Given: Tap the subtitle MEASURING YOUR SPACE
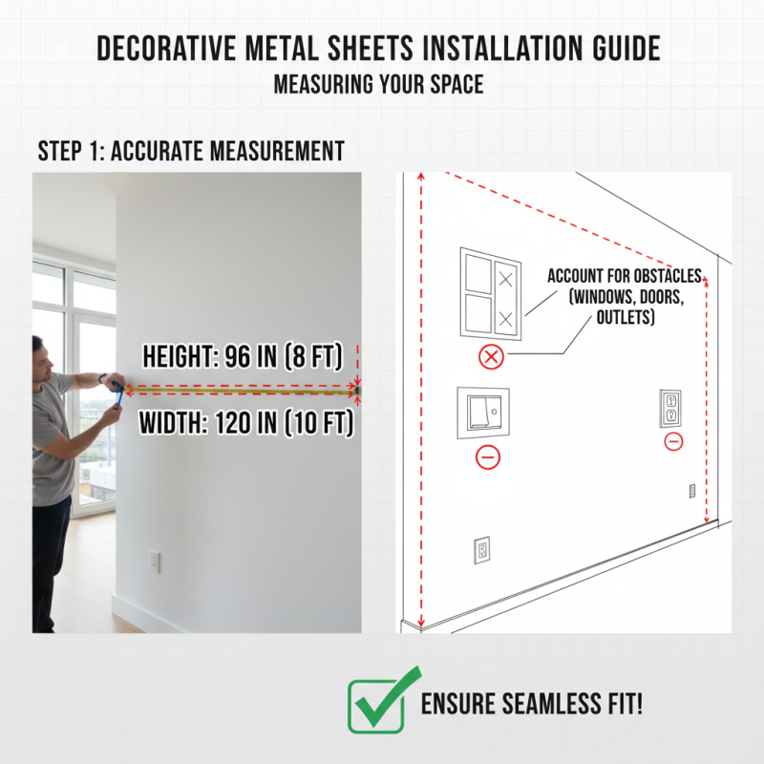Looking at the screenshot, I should pyautogui.click(x=378, y=84).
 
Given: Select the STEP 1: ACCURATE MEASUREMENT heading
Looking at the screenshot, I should pyautogui.click(x=191, y=151).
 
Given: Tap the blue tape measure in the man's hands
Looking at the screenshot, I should pyautogui.click(x=116, y=389).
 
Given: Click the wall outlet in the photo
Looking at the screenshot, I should pyautogui.click(x=154, y=561).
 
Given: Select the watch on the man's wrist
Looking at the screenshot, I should pyautogui.click(x=100, y=379).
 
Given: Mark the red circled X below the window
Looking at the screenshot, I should pyautogui.click(x=490, y=358).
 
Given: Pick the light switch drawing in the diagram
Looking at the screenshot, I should pyautogui.click(x=483, y=413).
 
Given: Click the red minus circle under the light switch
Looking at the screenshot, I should pyautogui.click(x=488, y=457).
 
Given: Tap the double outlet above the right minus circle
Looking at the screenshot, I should pyautogui.click(x=670, y=408).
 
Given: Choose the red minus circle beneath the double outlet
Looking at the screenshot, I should pyautogui.click(x=673, y=441).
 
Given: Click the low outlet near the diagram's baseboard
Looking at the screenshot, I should pyautogui.click(x=482, y=549).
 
